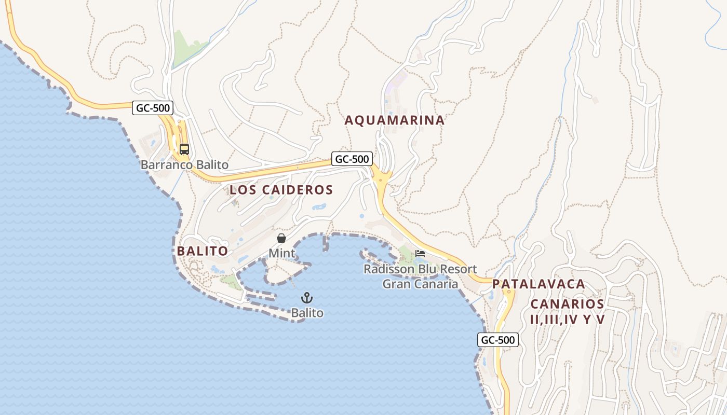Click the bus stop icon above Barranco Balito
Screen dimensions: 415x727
coord(184,149)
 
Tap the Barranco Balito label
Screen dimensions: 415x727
coord(184,165)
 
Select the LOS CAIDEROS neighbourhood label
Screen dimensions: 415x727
coord(281,190)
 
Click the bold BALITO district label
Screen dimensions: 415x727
coord(202,251)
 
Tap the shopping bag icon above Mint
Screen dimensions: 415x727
coord(281,238)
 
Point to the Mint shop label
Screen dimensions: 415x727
coord(281,254)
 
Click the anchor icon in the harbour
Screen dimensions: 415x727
coord(307,298)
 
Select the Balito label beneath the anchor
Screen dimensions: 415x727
coord(307,313)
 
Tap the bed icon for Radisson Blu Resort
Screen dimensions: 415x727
coord(420,254)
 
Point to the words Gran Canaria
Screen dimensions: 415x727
coord(420,284)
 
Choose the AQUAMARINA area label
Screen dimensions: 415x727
coord(395,120)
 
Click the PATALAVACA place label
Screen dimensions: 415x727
coord(538,284)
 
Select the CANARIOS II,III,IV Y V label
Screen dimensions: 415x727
coord(567,312)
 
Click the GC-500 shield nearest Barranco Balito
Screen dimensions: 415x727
coord(152,108)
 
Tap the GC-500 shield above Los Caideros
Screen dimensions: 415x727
coord(352,159)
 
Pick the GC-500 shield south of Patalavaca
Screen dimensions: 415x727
coord(497,340)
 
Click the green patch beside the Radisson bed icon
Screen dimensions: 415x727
coord(406,254)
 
